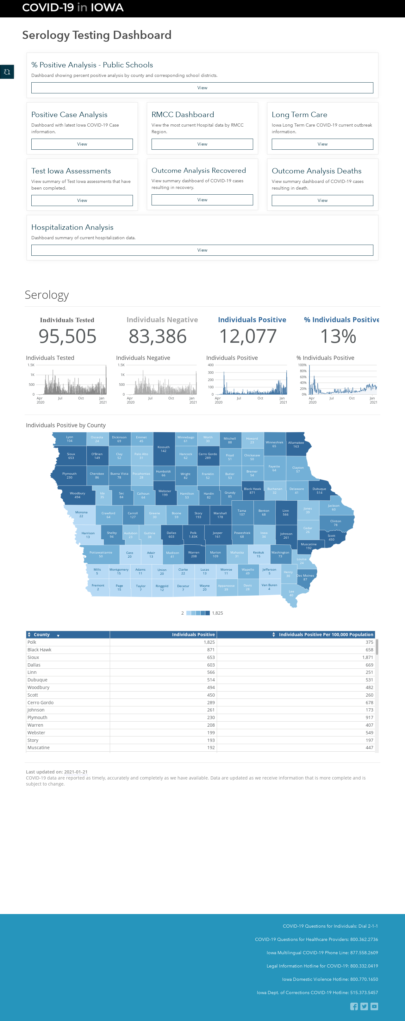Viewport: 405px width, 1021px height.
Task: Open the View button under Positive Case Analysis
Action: pyautogui.click(x=82, y=144)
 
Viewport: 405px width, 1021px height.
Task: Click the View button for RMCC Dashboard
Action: pyautogui.click(x=202, y=144)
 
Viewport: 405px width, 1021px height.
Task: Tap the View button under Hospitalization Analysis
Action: pyautogui.click(x=202, y=250)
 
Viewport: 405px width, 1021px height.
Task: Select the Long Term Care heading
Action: pyautogui.click(x=300, y=115)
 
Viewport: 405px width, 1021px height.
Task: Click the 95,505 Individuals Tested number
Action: pyautogui.click(x=67, y=336)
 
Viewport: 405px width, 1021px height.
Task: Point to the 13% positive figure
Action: pyautogui.click(x=338, y=336)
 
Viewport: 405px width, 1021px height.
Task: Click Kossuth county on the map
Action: pyautogui.click(x=164, y=449)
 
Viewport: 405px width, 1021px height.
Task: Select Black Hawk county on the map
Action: pyautogui.click(x=252, y=491)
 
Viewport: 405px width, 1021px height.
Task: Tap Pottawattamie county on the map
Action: pyautogui.click(x=101, y=554)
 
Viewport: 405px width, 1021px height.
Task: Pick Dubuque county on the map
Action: pyautogui.click(x=319, y=491)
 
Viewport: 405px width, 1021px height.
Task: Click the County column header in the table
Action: pyautogui.click(x=42, y=635)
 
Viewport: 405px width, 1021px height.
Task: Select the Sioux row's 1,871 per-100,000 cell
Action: pyautogui.click(x=367, y=657)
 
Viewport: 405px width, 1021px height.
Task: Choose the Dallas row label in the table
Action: pyautogui.click(x=34, y=665)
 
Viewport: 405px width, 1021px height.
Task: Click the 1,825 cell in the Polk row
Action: pyautogui.click(x=209, y=642)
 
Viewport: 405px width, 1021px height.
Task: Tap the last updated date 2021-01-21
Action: pyautogui.click(x=76, y=772)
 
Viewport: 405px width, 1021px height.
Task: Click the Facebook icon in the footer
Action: pyautogui.click(x=354, y=1006)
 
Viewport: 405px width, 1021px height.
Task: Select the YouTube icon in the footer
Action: pyautogui.click(x=374, y=1006)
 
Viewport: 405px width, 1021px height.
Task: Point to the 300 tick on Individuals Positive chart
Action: pyautogui.click(x=211, y=373)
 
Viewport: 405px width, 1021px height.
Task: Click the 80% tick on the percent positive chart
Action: pyautogui.click(x=303, y=371)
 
